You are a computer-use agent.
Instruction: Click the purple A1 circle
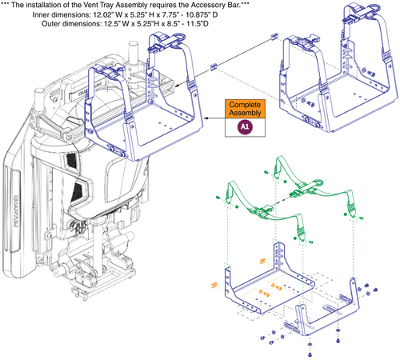coord(245,126)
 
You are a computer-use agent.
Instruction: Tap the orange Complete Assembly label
coord(245,109)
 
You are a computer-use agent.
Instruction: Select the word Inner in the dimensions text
coord(41,14)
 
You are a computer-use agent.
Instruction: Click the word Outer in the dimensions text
coord(50,24)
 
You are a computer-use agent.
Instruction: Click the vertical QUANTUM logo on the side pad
coord(15,211)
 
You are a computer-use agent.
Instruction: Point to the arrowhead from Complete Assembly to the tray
coord(206,118)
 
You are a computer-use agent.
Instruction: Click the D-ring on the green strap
coord(317,183)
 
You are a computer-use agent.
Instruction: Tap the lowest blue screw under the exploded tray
coord(310,354)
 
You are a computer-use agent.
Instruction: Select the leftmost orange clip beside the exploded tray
coord(214,285)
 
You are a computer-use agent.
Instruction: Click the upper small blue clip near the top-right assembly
coord(274,36)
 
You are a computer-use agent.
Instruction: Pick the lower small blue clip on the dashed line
coord(213,66)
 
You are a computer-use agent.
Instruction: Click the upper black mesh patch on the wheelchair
coord(71,160)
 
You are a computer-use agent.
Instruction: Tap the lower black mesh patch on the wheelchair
coord(78,190)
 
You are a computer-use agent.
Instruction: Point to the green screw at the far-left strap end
coord(218,198)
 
